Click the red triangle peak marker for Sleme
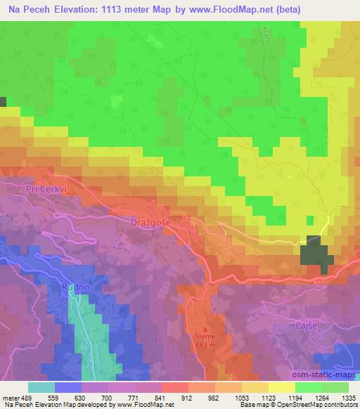206,329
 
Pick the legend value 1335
347,398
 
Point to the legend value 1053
241,398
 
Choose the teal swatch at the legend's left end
41,387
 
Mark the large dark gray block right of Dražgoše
317,253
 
